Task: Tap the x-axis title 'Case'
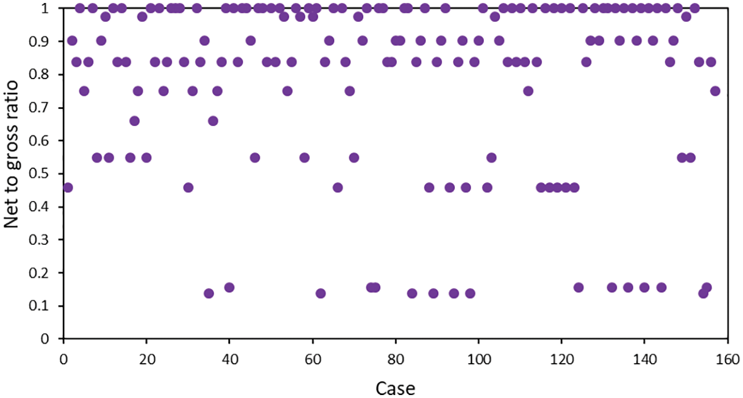tap(395, 389)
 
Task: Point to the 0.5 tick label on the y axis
tap(45, 174)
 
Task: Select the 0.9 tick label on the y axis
tap(45, 41)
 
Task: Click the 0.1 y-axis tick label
tap(45, 306)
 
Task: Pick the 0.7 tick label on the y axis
tap(45, 108)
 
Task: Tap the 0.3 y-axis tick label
tap(45, 240)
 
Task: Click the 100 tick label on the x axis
tap(478, 358)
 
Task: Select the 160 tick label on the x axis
tap(727, 358)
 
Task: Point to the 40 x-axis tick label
tap(230, 358)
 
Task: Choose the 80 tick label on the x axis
tap(395, 358)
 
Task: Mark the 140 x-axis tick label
tap(644, 358)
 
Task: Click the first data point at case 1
tap(67, 187)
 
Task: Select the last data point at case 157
tap(715, 90)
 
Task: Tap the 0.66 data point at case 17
tap(134, 121)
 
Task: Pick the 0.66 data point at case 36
tap(213, 121)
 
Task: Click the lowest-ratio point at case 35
tap(209, 293)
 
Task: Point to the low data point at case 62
tap(321, 293)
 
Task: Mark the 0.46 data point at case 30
tap(188, 187)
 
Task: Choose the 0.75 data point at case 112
tap(528, 90)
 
